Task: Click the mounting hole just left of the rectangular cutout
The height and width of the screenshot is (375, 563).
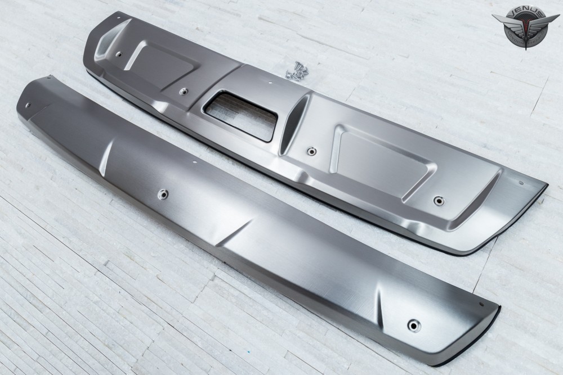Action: tap(184, 92)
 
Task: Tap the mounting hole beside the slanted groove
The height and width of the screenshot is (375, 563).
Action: tap(311, 151)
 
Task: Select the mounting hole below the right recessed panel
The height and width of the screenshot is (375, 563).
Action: tap(439, 200)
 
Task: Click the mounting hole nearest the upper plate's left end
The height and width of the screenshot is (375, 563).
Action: tap(118, 54)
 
